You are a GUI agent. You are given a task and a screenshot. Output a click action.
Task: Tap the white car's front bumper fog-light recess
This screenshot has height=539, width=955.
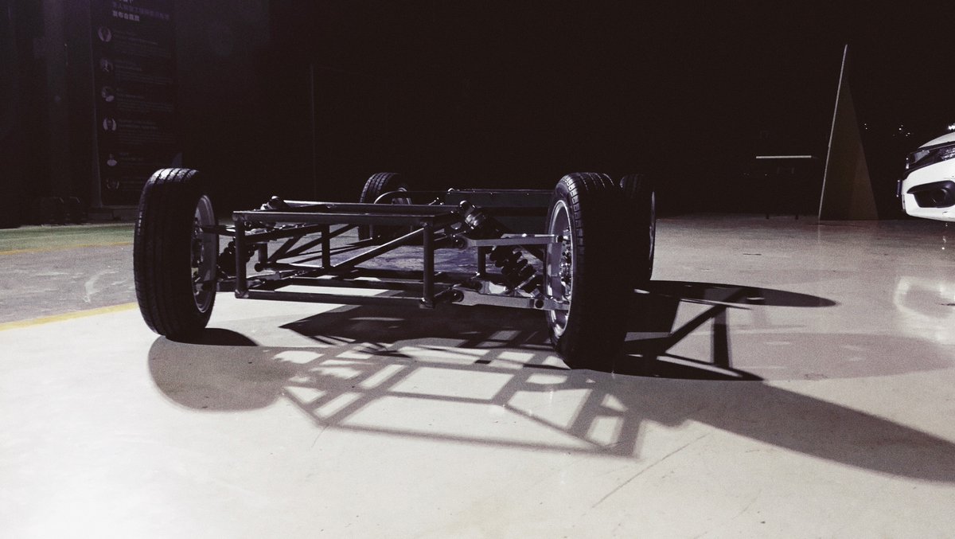[939, 193]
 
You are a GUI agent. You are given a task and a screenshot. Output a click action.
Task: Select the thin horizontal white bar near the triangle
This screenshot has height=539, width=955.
[784, 158]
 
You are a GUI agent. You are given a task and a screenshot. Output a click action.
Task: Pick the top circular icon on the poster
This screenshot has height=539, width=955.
[104, 33]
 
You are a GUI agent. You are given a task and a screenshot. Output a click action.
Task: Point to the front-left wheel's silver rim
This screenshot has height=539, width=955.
[204, 253]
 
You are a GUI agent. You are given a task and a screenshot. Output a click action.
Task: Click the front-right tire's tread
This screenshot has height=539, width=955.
[593, 271]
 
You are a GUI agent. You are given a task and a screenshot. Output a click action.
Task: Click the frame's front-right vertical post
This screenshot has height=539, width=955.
[429, 263]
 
